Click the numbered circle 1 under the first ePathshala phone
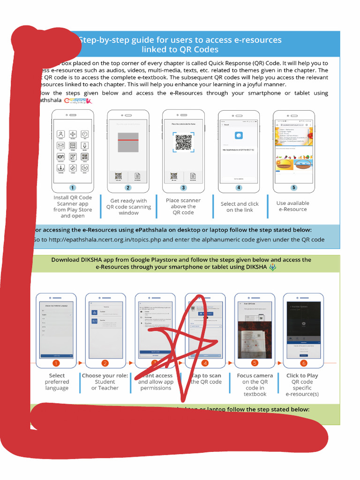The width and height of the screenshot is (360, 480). tap(73, 187)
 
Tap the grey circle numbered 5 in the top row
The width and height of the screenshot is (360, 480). tap(293, 187)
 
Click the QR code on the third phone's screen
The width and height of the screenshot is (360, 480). tap(183, 142)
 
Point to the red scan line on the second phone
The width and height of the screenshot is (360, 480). tap(128, 140)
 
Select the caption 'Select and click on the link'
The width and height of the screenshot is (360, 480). tap(240, 207)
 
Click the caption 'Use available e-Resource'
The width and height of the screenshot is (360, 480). tap(292, 206)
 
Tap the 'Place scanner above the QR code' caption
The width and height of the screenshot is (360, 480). tap(183, 206)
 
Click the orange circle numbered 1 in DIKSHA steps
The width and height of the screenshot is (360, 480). tap(56, 363)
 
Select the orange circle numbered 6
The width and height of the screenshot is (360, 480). tap(303, 363)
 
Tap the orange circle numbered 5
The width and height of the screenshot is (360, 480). tap(255, 363)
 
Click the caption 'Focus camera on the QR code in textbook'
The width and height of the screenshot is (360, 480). tap(255, 385)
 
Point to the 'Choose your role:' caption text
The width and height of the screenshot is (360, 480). tap(105, 375)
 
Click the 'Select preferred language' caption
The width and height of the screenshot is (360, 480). tap(57, 382)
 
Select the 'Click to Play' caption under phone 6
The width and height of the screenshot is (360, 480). tap(302, 375)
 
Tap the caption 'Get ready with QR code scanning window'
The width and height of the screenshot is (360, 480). tap(128, 207)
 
